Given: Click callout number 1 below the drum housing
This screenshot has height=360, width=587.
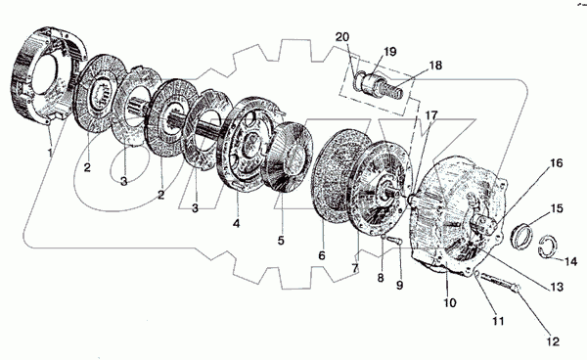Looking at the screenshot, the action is (50, 152).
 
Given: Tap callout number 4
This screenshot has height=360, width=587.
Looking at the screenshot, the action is (236, 223).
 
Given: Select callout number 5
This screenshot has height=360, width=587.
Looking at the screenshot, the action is (281, 240).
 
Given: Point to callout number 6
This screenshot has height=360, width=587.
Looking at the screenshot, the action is (322, 255).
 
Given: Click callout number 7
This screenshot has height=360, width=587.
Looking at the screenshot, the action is (355, 268).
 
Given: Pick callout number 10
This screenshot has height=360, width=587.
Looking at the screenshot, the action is (450, 302).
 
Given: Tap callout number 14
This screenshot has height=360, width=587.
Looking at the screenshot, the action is (570, 261).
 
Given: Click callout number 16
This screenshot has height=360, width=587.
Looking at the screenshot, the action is (557, 163).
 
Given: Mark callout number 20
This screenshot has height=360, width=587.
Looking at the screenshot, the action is (342, 37).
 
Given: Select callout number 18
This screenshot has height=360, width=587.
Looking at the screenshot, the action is (435, 66).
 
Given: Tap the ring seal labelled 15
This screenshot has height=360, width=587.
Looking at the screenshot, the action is (521, 236).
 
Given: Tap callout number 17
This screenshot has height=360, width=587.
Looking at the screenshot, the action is (430, 115).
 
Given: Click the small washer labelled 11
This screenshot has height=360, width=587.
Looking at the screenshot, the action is (477, 274).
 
